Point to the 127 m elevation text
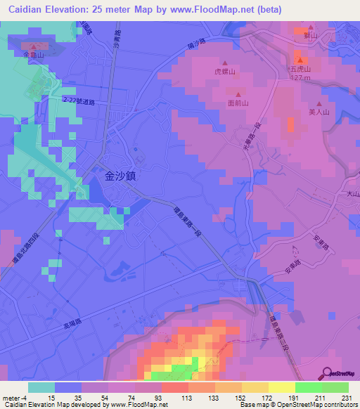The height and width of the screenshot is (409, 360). tap(300, 78)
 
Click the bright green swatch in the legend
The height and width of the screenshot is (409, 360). tap(309, 387)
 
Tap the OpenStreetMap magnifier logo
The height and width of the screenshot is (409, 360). tap(328, 372)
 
